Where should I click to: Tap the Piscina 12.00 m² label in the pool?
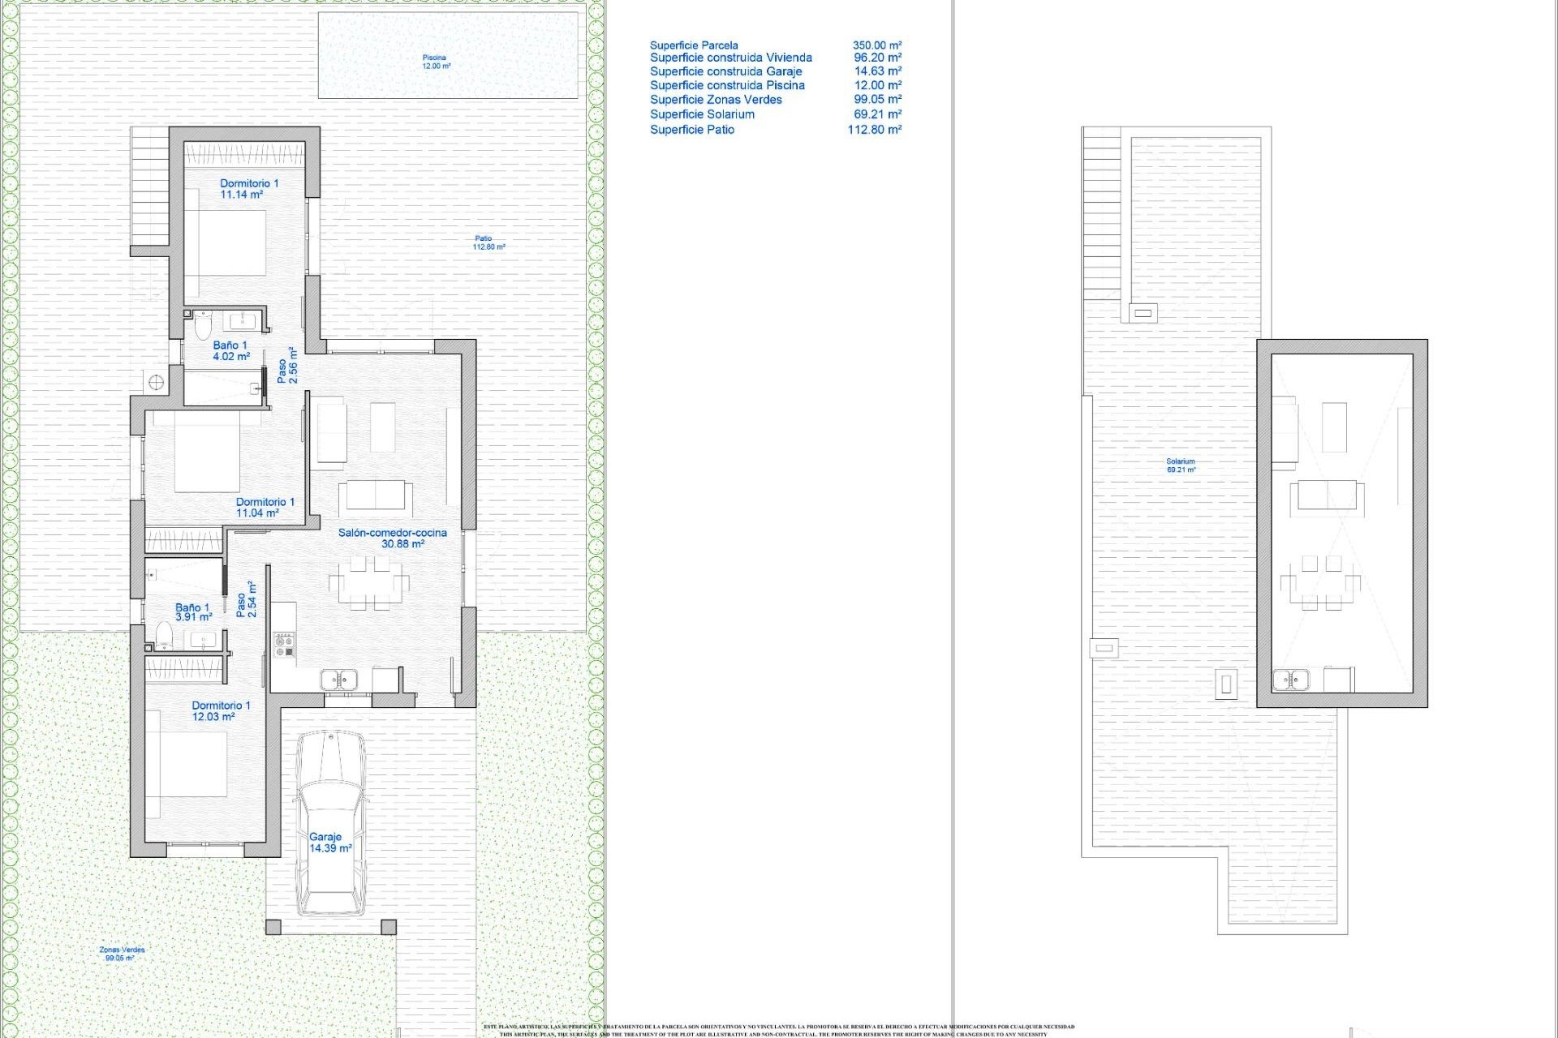pyautogui.click(x=436, y=62)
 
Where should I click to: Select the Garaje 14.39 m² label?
pyautogui.click(x=329, y=843)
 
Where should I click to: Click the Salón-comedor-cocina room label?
pyautogui.click(x=393, y=538)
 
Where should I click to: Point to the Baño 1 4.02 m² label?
pyautogui.click(x=231, y=350)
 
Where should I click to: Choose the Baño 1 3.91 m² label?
pyautogui.click(x=193, y=612)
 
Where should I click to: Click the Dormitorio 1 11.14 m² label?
pyautogui.click(x=248, y=189)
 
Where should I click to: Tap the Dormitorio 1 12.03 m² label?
pyautogui.click(x=220, y=711)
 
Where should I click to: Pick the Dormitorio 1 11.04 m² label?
pyautogui.click(x=265, y=508)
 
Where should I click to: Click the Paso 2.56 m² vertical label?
pyautogui.click(x=287, y=366)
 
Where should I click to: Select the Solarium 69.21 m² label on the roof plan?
pyautogui.click(x=1181, y=465)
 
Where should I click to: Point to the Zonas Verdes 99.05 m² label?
pyautogui.click(x=121, y=954)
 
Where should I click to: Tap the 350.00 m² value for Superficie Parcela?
pyautogui.click(x=876, y=45)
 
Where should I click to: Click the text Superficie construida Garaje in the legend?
pyautogui.click(x=725, y=71)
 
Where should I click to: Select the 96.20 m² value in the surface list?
pyautogui.click(x=877, y=58)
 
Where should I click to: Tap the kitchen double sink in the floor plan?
pyautogui.click(x=338, y=679)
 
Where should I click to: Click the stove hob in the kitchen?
pyautogui.click(x=284, y=646)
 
